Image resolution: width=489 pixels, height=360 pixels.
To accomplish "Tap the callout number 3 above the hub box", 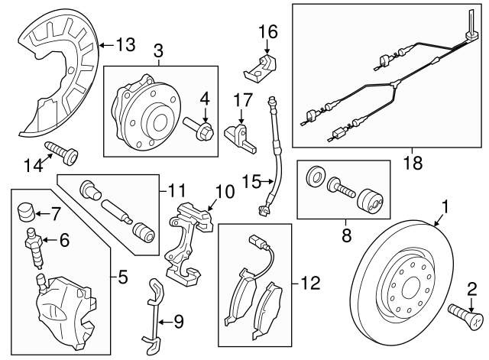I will [158, 52].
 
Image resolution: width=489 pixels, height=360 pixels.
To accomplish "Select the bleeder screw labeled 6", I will [34, 245].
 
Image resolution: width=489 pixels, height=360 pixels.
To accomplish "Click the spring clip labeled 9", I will [155, 313].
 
